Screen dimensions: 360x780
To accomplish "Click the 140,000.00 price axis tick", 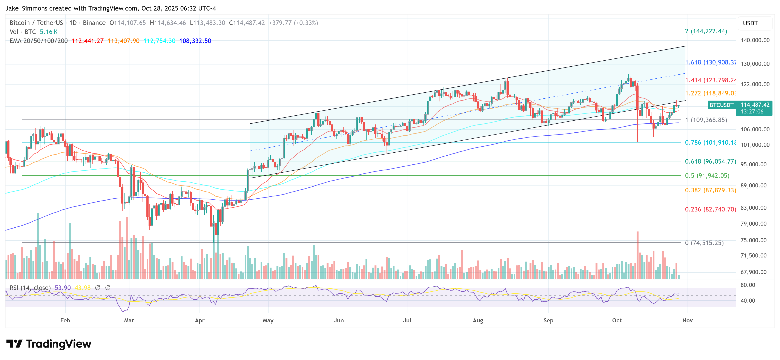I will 755,40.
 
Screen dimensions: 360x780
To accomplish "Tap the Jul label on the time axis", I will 407,320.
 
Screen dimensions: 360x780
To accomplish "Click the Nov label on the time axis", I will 687,320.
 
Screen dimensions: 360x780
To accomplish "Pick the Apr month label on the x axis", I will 200,320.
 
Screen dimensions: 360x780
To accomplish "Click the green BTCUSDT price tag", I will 722,105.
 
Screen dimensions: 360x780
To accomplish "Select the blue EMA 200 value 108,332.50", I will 195,41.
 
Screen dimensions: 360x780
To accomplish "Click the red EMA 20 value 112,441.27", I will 88,41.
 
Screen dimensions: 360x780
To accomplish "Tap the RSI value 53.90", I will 63,288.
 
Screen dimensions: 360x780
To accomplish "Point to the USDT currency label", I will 750,23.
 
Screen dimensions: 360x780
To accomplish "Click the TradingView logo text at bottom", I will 49,344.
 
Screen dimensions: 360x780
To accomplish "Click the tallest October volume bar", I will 637,255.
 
